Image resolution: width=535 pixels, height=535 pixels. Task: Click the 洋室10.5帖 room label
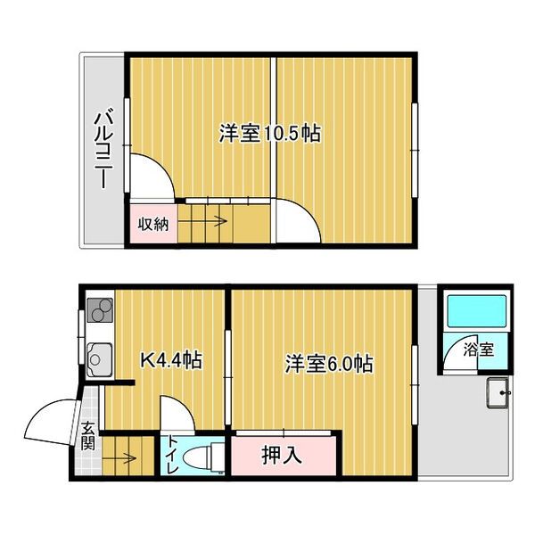270,135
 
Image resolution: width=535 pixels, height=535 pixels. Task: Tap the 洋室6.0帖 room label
328,364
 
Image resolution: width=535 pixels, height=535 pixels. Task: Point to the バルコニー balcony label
103,149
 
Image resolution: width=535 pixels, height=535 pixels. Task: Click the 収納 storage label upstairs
152,224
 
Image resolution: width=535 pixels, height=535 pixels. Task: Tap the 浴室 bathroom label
478,350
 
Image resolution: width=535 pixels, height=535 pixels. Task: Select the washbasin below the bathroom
498,393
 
